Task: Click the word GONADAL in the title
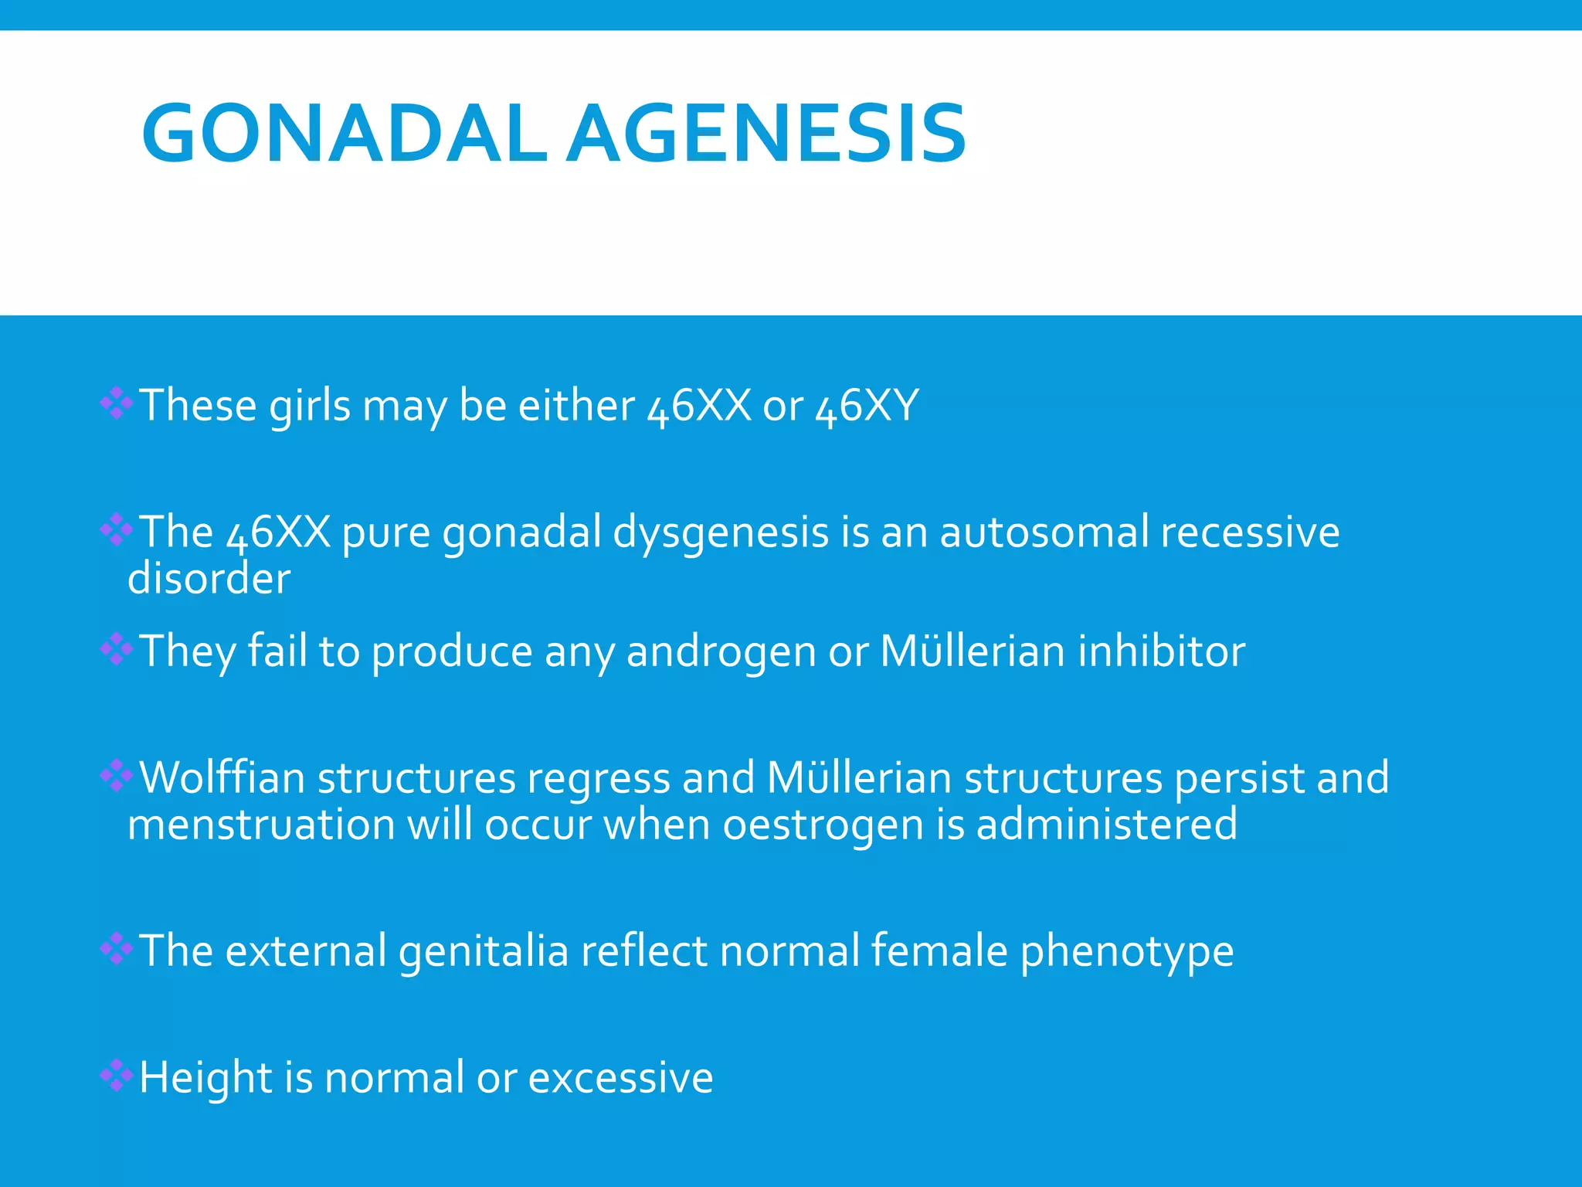[344, 134]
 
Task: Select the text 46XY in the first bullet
[867, 405]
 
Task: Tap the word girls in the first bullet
[310, 406]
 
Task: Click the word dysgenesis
[721, 533]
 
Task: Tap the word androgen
[721, 652]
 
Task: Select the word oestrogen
[823, 826]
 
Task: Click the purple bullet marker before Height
[117, 1075]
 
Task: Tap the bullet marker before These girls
[117, 403]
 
